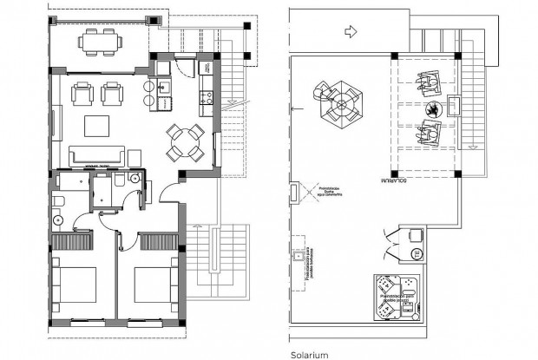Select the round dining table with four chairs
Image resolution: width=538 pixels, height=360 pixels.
[186, 143]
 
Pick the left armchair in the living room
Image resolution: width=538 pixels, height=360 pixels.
[82, 93]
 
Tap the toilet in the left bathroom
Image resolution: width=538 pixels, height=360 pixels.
[58, 202]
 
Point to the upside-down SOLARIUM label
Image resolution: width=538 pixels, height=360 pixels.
[392, 181]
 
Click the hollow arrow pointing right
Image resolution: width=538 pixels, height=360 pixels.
[351, 32]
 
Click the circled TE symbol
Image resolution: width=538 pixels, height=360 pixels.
[415, 253]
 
